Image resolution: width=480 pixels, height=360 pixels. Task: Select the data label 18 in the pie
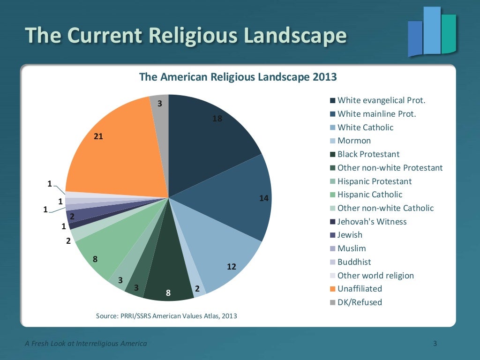tap(217, 119)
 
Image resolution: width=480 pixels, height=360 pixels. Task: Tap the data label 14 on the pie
tap(263, 198)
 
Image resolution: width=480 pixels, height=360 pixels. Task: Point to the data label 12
tap(232, 267)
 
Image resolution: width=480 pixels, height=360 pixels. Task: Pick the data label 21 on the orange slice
tap(98, 136)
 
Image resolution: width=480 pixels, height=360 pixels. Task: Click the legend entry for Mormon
tap(354, 141)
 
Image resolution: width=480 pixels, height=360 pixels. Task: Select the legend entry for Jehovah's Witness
tap(372, 222)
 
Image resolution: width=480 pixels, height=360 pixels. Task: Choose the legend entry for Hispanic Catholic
tap(370, 195)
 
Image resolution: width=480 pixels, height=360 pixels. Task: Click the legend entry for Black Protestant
tap(368, 154)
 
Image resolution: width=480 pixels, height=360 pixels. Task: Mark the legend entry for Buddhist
tap(354, 262)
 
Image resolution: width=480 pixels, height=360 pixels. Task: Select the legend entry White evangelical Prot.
tap(381, 100)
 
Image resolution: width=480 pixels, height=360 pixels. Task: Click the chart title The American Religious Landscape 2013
tap(238, 77)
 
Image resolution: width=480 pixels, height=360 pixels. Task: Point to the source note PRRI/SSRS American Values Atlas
tap(166, 316)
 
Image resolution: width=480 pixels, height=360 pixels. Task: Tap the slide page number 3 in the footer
tap(435, 344)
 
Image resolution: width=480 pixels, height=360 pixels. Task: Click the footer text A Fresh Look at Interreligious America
tap(86, 344)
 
